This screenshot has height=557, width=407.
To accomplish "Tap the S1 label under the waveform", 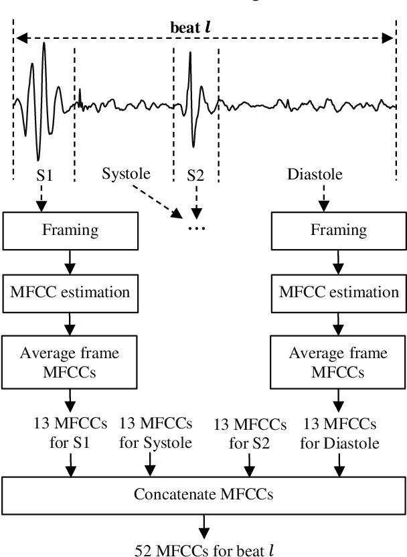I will (46, 176).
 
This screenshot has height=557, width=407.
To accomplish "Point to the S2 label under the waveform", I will (195, 176).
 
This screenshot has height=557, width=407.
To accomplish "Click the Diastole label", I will (315, 176).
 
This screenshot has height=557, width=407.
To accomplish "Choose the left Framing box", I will (70, 230).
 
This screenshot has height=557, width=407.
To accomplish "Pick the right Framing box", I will (339, 230).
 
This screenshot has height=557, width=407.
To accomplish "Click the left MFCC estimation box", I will (70, 292).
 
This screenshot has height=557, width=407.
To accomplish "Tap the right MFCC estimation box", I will (339, 292).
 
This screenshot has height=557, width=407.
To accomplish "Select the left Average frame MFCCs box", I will (70, 363).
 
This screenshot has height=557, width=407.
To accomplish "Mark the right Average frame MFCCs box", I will (339, 363).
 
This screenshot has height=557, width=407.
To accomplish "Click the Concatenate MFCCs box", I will (203, 495).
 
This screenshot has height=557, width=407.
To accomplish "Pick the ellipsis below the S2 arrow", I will (196, 228).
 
